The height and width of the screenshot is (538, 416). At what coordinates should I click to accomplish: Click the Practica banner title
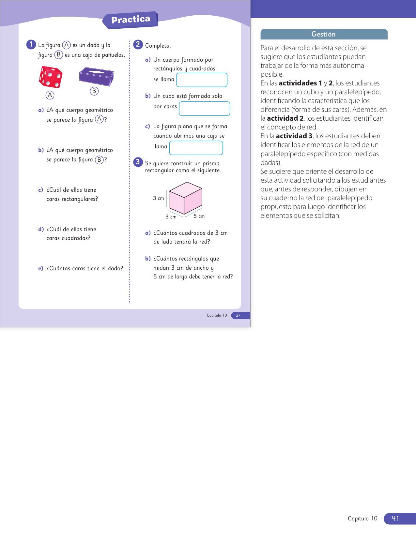tap(131, 20)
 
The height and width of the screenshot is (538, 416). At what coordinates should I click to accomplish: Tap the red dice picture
tap(50, 77)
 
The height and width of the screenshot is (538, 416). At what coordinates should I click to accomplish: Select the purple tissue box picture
tap(96, 77)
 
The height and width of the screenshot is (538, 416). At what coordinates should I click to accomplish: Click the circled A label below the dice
tap(50, 95)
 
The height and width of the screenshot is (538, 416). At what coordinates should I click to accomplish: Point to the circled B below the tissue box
tap(94, 91)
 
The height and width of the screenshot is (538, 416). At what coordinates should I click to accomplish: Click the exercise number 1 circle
tap(31, 44)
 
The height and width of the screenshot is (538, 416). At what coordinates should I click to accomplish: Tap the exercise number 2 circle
tap(138, 44)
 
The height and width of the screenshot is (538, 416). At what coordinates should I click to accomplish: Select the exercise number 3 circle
tap(138, 162)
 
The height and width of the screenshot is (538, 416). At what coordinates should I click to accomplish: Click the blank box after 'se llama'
tap(202, 80)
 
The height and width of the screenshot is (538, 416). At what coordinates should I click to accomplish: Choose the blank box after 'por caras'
tap(204, 109)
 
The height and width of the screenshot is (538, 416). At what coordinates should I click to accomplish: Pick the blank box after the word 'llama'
tap(196, 148)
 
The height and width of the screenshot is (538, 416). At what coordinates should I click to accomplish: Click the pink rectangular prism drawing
tap(185, 198)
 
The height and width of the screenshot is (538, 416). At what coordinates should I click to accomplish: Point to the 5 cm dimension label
tap(199, 216)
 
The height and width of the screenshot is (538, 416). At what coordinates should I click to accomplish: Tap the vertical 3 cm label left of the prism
tap(159, 198)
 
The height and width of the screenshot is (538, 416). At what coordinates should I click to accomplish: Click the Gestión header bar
tap(324, 34)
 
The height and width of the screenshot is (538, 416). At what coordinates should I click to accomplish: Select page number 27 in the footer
tap(238, 315)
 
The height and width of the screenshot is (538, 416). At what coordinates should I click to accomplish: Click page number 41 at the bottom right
tap(395, 518)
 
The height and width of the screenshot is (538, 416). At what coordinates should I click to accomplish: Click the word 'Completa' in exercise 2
tap(158, 46)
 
